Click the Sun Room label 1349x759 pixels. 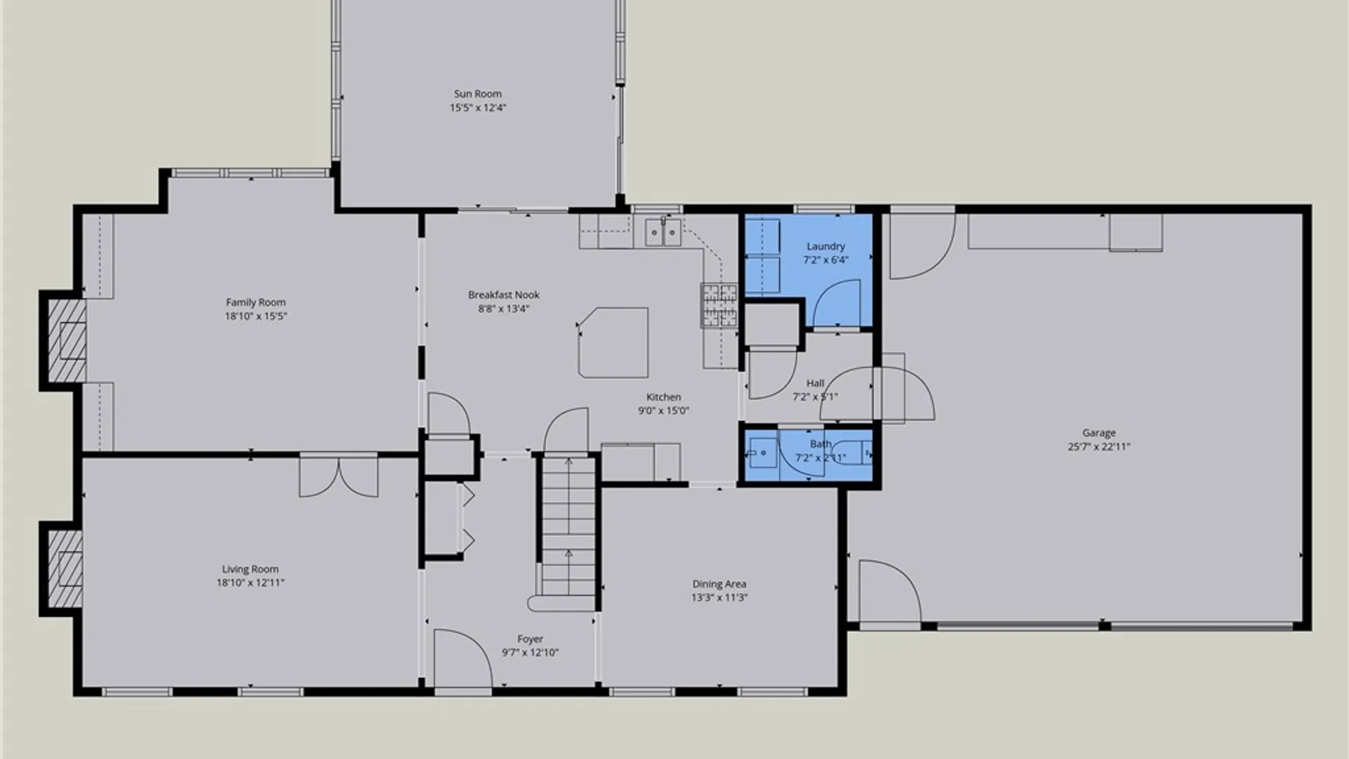478,93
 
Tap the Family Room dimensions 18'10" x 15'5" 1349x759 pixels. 256,316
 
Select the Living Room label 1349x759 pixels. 250,569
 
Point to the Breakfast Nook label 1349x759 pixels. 504,295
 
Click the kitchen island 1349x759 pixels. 613,342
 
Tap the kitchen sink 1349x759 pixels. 663,232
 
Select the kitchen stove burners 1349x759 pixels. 719,305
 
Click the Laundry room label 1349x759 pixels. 826,247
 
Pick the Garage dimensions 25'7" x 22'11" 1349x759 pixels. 1099,446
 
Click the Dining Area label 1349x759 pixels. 719,584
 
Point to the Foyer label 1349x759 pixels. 530,640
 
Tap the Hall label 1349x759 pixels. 815,384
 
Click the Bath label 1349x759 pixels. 821,444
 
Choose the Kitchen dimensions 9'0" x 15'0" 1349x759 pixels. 663,411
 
